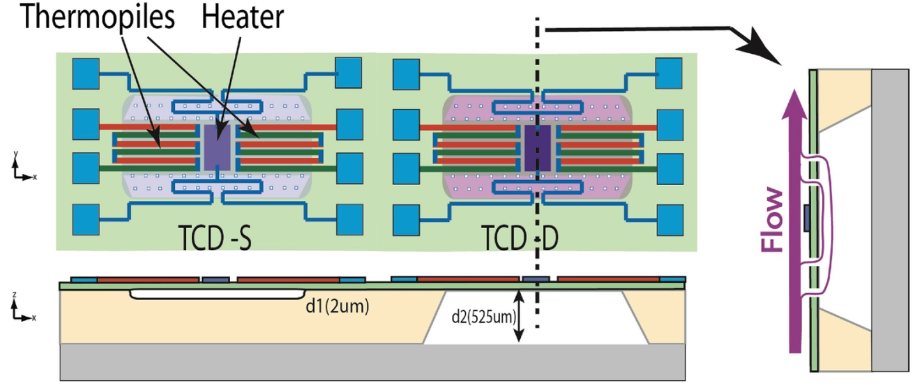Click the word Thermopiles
[98, 18]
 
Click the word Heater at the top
[242, 17]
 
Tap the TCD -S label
[215, 238]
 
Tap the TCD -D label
[520, 238]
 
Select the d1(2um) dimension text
[337, 306]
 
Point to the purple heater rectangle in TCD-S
[218, 148]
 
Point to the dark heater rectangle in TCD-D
[537, 148]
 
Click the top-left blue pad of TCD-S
[86, 74]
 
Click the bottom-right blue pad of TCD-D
[669, 220]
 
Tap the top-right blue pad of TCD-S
[348, 73]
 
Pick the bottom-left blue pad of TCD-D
[406, 220]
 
